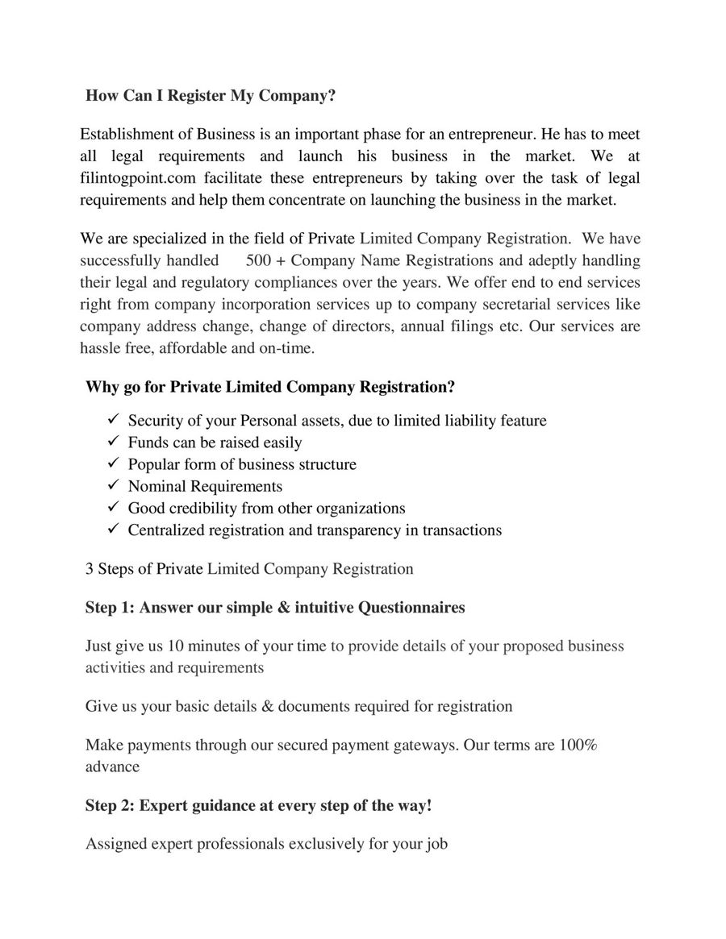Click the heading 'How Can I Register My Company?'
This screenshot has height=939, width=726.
point(211,96)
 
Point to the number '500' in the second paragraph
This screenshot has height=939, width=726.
point(259,261)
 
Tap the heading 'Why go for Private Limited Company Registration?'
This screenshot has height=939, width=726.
point(270,387)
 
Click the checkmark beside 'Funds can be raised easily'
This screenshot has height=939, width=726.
point(113,442)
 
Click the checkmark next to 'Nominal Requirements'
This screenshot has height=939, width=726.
point(113,486)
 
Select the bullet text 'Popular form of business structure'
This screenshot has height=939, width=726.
point(242,465)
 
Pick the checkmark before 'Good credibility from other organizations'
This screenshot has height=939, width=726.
point(113,508)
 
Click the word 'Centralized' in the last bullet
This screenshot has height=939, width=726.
point(166,530)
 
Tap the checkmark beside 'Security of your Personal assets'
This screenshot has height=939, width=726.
point(113,420)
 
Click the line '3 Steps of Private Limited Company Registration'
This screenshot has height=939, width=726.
point(249,569)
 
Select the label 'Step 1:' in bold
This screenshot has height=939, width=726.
point(110,608)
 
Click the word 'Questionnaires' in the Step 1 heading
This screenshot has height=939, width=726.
point(411,608)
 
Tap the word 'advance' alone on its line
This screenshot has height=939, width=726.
point(112,767)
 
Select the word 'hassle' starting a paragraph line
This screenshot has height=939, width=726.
point(102,349)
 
